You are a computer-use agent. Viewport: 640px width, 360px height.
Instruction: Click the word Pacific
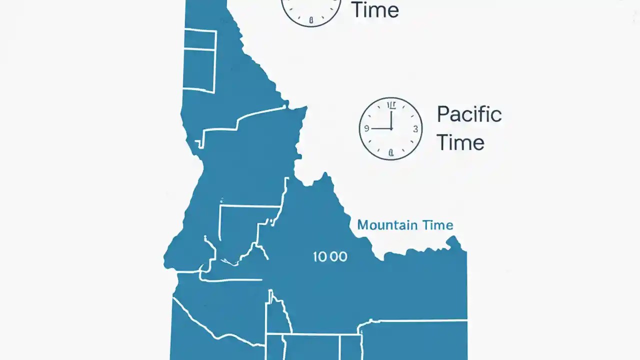point(469,115)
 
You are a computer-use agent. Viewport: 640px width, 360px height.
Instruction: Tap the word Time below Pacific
point(460,142)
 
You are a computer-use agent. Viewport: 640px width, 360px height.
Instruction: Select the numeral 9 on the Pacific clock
point(366,128)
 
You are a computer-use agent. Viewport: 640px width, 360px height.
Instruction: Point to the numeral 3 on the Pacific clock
point(415,128)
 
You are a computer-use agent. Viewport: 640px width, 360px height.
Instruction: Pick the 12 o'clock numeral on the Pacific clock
point(391,105)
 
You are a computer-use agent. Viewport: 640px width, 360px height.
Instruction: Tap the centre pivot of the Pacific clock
point(391,128)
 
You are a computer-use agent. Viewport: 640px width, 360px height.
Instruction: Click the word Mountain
point(388,225)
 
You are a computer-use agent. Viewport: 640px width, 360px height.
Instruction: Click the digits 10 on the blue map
point(320,257)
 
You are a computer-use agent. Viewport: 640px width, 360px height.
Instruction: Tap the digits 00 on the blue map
point(338,257)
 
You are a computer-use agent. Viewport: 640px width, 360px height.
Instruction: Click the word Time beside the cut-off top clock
point(375,10)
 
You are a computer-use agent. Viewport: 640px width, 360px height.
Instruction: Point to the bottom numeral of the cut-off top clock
point(311,20)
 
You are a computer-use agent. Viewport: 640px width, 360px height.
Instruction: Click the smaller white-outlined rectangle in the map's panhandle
point(199,39)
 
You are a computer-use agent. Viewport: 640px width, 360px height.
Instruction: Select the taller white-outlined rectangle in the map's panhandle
point(199,70)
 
